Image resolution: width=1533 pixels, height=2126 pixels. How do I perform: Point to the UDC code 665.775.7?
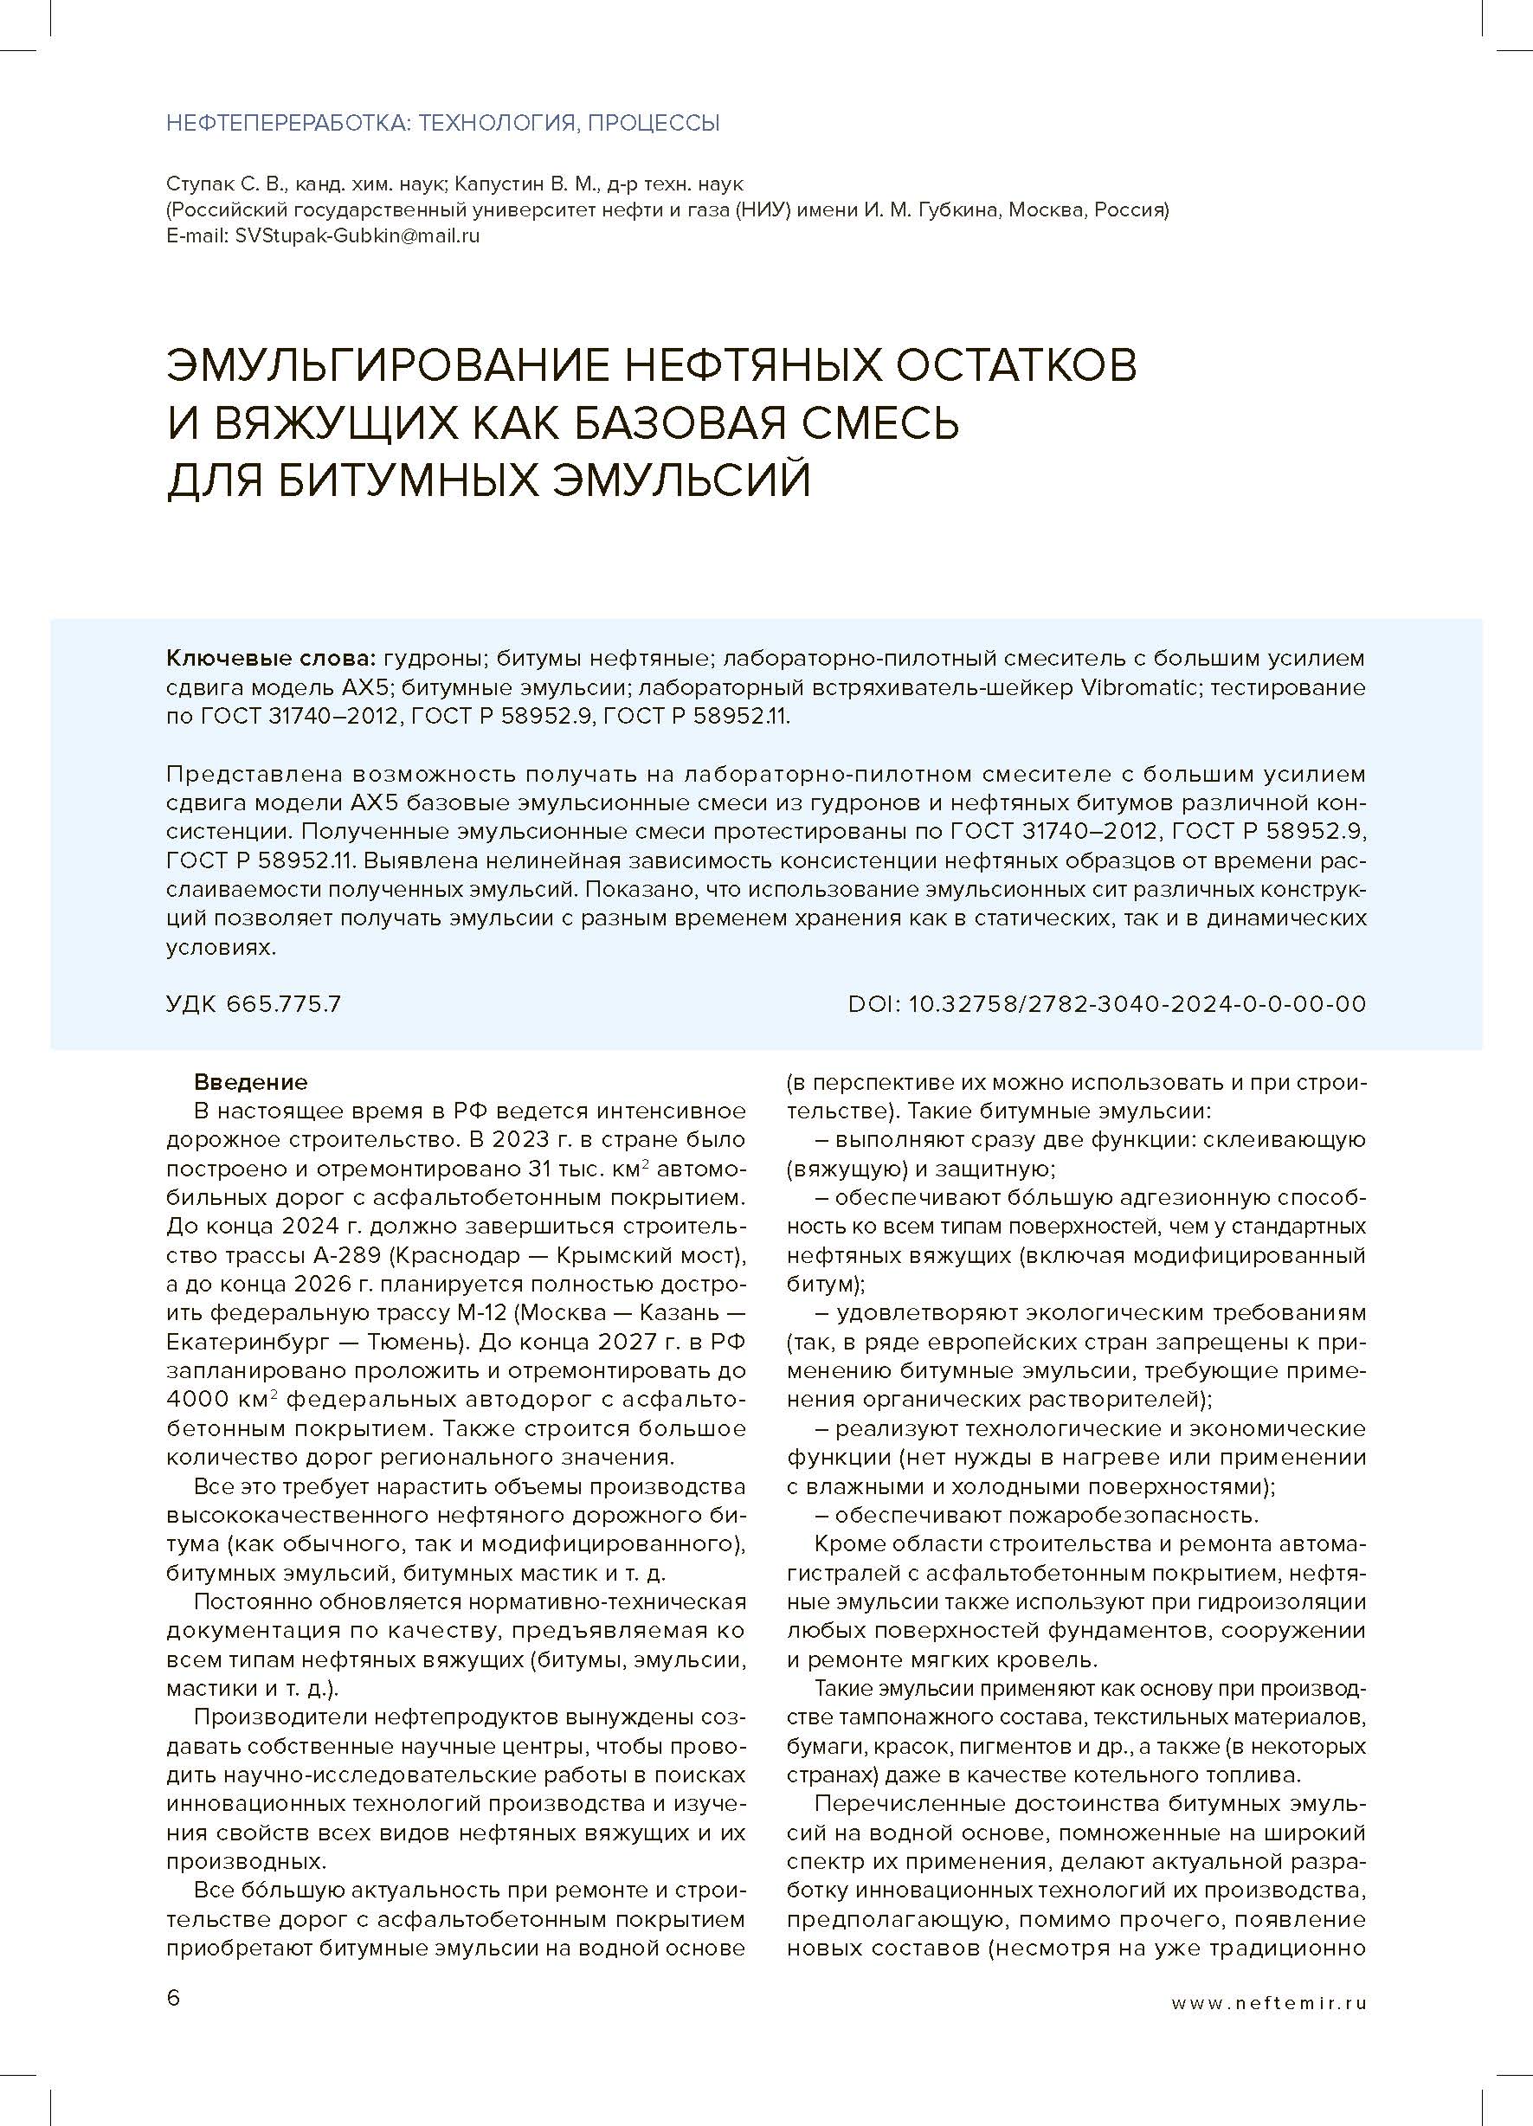(x=283, y=1004)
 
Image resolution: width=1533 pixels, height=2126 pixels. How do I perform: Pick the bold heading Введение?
(x=250, y=1083)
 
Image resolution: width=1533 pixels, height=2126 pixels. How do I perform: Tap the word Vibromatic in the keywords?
(x=1140, y=688)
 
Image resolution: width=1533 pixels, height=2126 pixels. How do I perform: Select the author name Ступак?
(x=196, y=184)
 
